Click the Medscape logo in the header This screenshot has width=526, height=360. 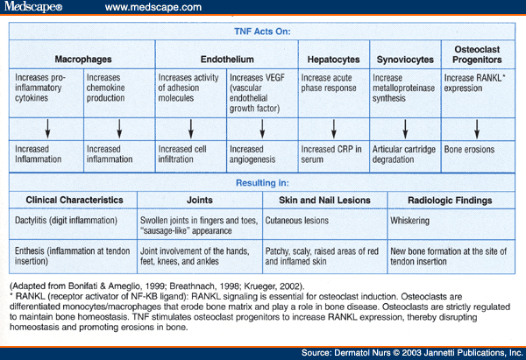33,7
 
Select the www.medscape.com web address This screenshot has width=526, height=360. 153,7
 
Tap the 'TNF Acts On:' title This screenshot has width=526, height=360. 262,32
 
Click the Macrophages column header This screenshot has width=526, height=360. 83,60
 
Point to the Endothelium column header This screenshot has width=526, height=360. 227,60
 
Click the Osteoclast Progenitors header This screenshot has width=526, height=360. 477,54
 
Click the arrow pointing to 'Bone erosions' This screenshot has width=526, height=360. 477,129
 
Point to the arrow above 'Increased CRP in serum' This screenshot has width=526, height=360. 334,129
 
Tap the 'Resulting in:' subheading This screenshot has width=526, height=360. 262,183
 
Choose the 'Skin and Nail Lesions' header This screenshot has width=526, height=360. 324,200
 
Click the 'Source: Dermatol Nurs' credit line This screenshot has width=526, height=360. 412,353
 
